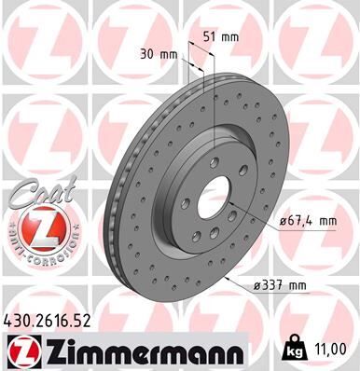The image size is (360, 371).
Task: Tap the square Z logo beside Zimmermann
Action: point(21,351)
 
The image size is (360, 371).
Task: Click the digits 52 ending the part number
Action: point(88,321)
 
